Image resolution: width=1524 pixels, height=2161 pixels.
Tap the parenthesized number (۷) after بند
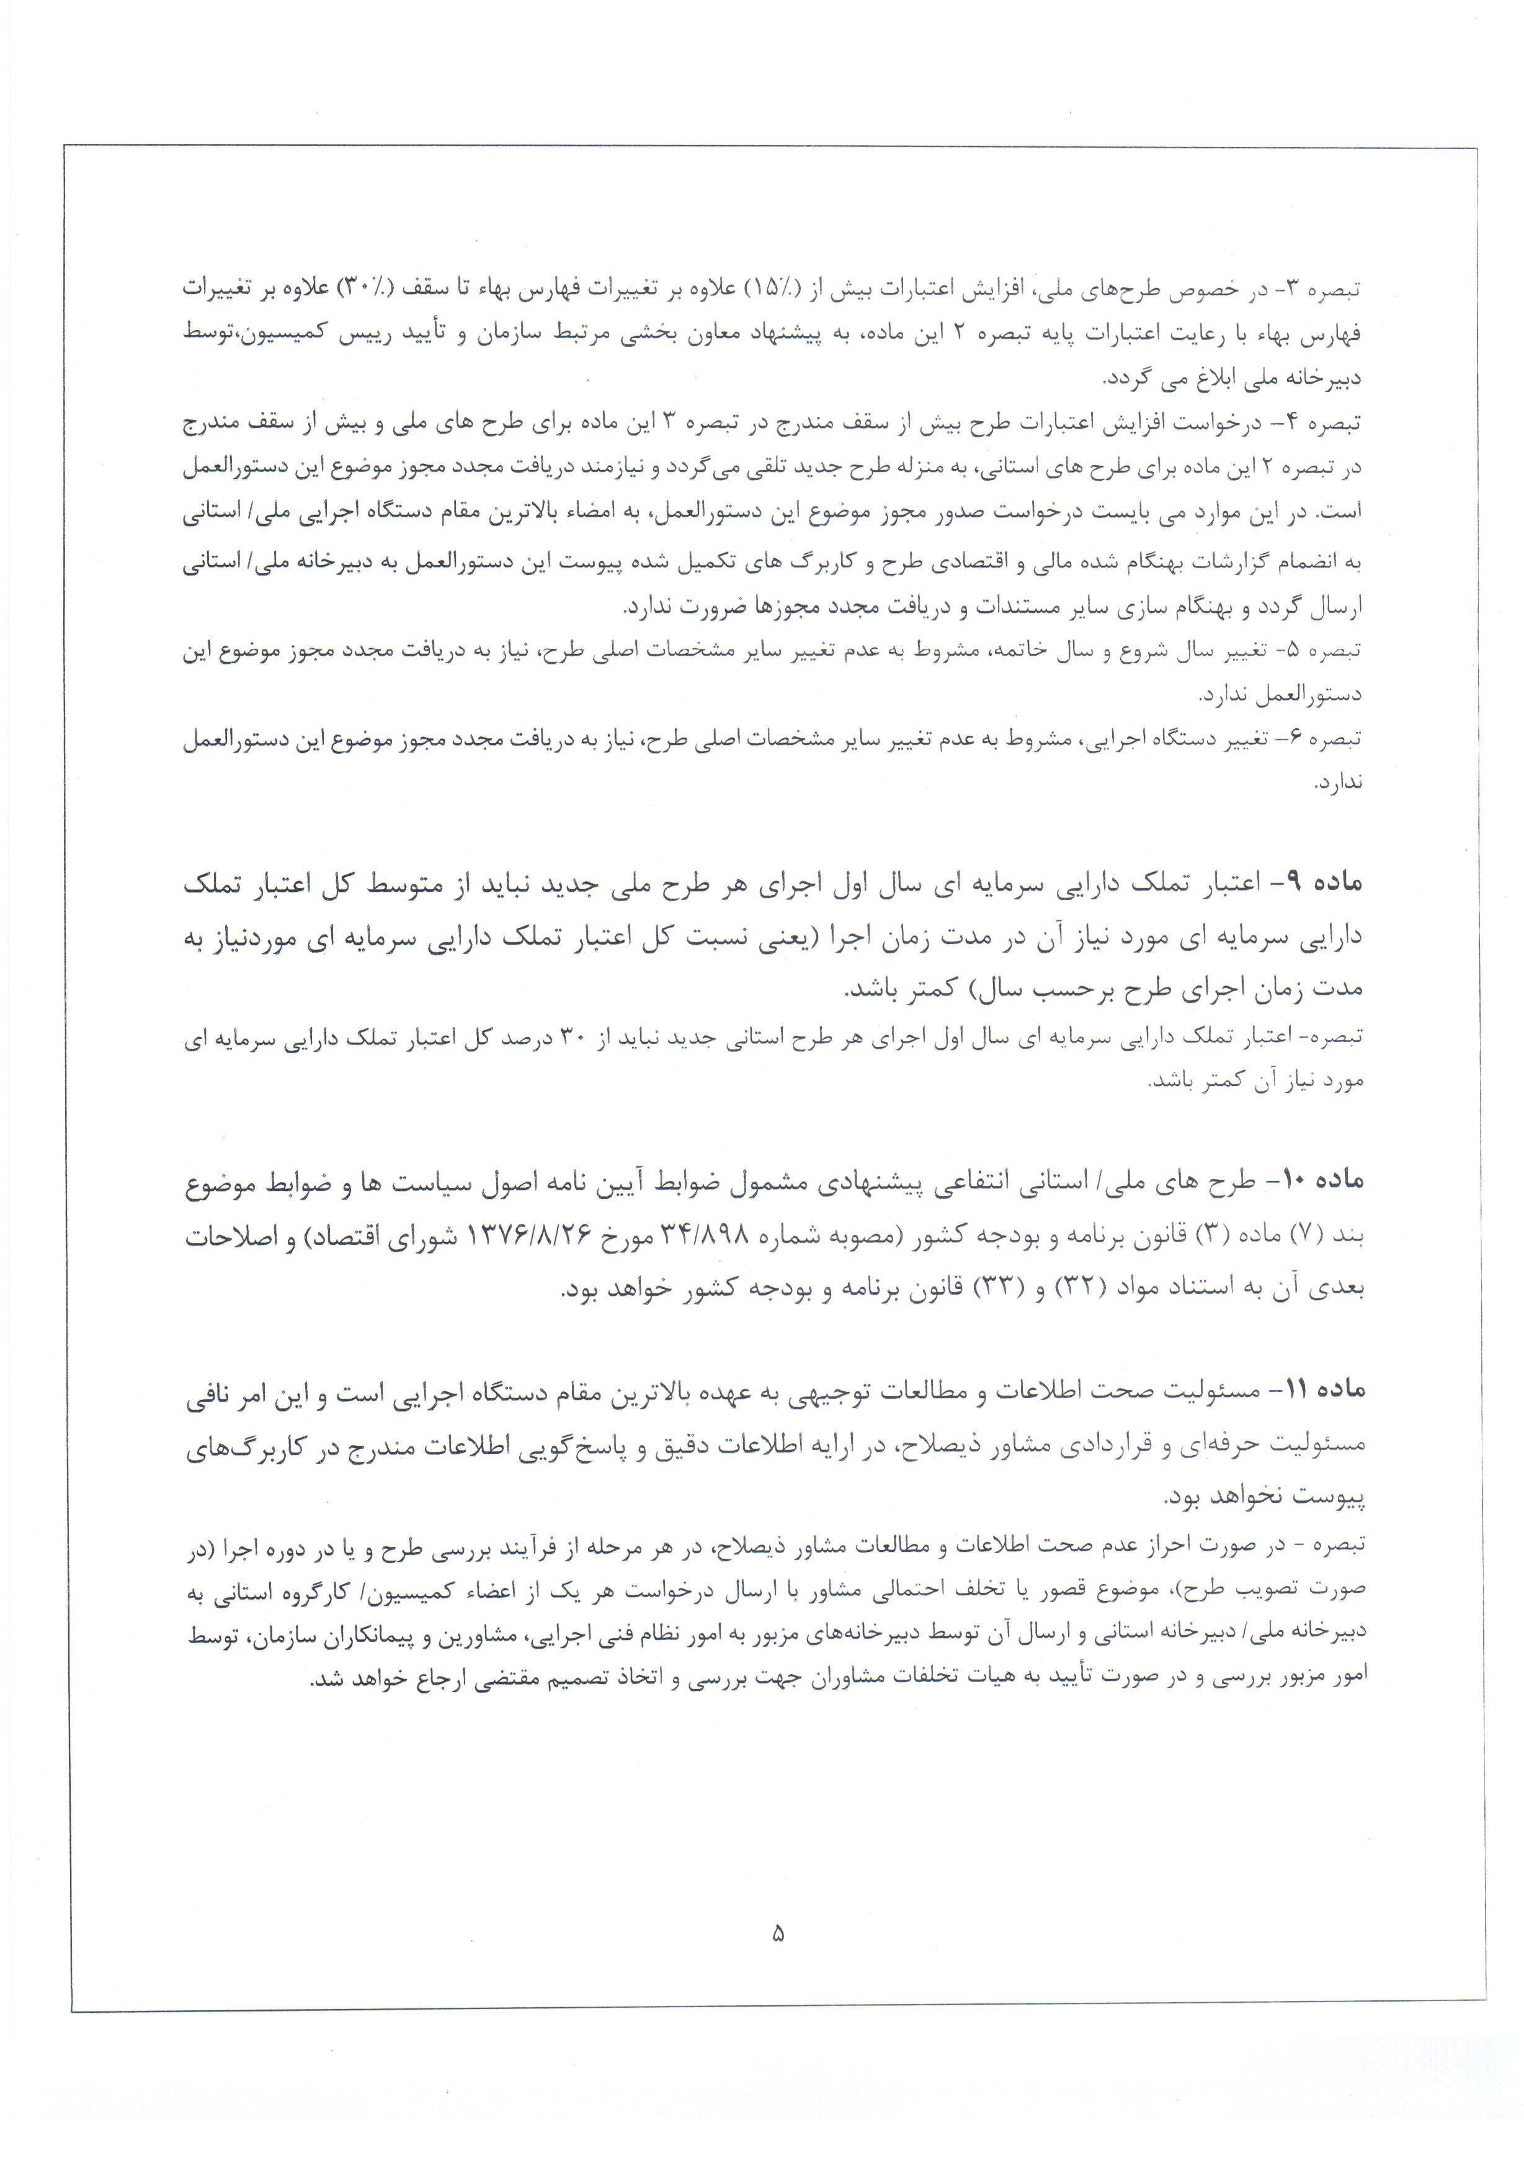pyautogui.click(x=1304, y=1237)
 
